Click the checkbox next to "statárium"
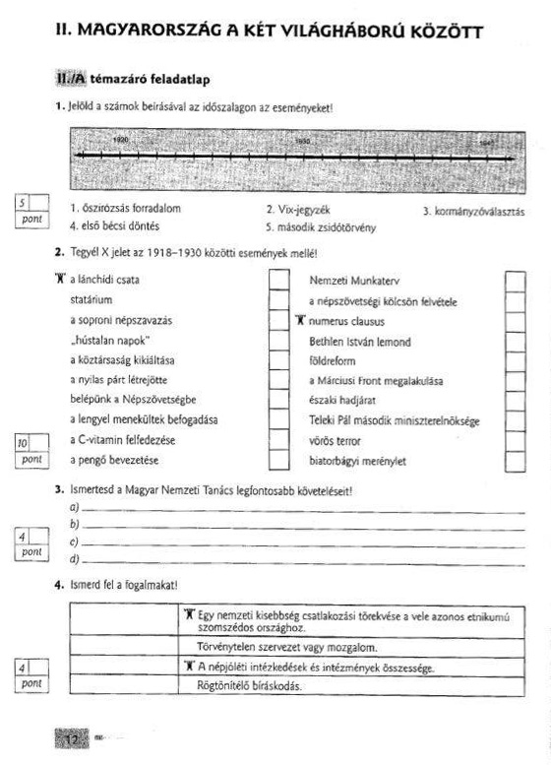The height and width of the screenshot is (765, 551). tap(278, 299)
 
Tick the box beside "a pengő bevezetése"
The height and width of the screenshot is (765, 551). tap(278, 460)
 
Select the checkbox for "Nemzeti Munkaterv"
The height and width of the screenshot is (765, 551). tap(516, 281)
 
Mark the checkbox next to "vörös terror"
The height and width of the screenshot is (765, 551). tap(516, 440)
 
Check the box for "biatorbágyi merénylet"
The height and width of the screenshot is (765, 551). tap(516, 460)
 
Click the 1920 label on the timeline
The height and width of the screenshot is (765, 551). tap(121, 142)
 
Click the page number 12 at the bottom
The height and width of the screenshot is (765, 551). tap(71, 737)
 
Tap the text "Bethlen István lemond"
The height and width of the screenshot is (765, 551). tap(360, 342)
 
